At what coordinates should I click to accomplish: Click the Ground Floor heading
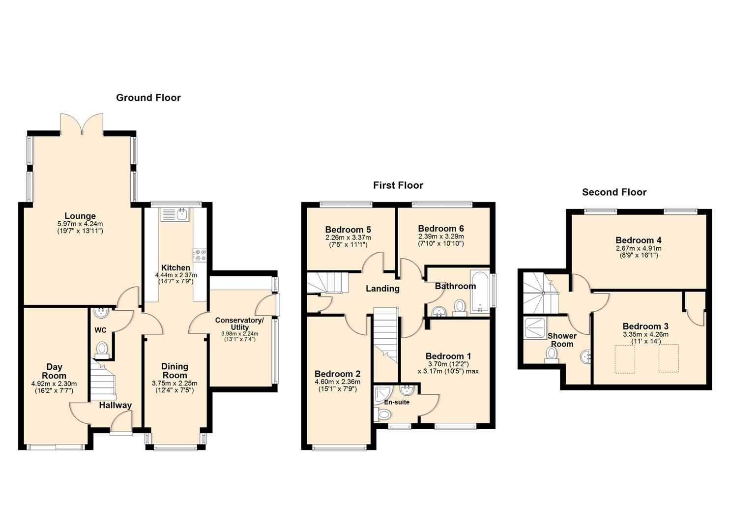148,98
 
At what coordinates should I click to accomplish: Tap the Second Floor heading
614,192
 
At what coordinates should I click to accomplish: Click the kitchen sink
175,215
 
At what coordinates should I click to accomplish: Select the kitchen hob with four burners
201,255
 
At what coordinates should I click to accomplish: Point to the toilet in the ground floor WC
102,348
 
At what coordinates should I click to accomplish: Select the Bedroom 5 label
348,230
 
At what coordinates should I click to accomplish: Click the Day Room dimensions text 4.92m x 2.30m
54,384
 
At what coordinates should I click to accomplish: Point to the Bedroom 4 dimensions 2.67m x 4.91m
638,248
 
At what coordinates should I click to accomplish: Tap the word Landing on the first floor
382,289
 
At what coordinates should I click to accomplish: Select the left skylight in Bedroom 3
624,358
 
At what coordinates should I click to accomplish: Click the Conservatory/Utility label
239,324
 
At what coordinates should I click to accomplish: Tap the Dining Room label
175,371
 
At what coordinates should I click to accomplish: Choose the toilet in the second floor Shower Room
552,354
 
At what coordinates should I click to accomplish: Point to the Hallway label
116,406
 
